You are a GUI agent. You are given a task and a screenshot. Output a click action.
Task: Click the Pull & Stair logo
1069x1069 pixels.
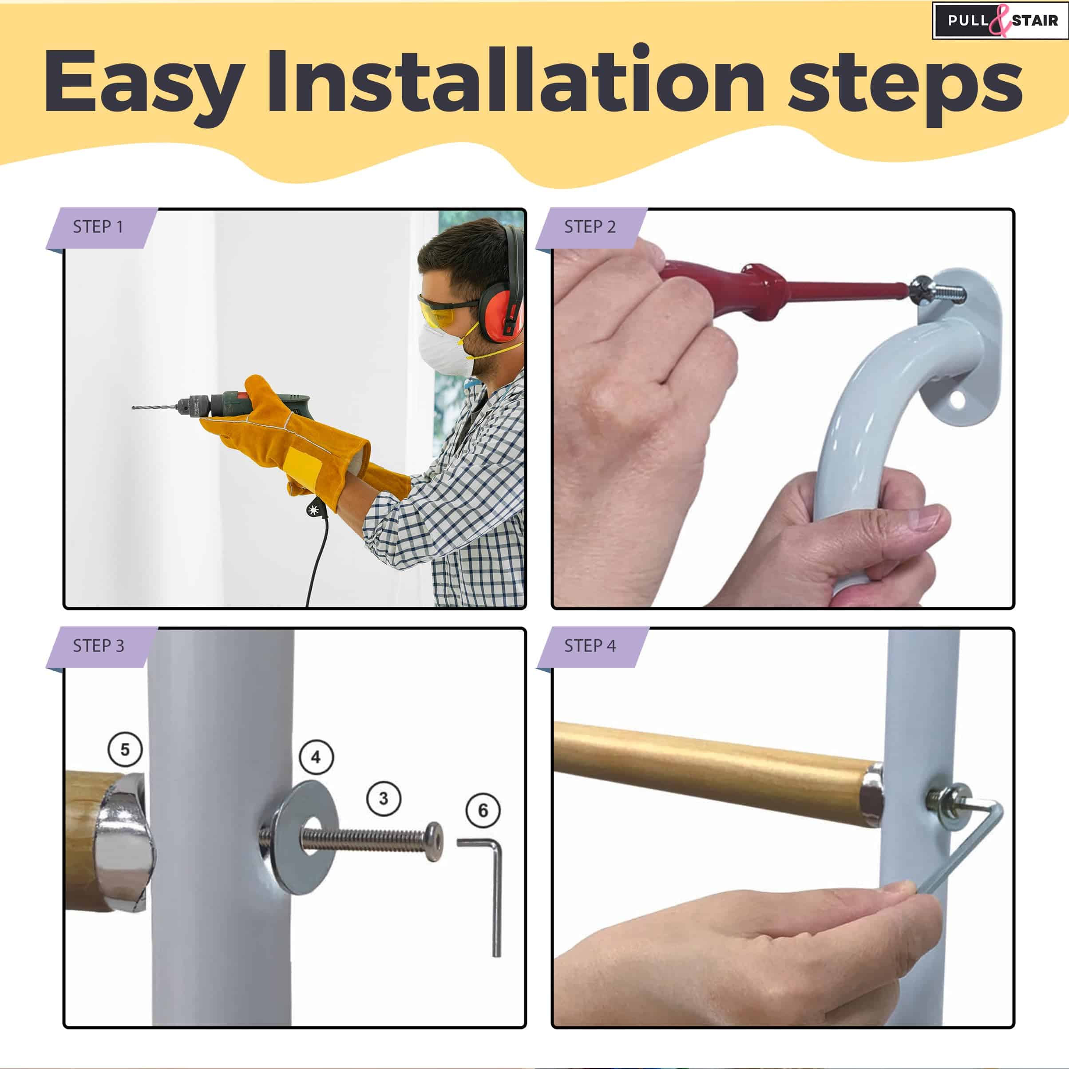tap(1000, 21)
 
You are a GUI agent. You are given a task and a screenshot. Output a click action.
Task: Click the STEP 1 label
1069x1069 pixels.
tap(98, 227)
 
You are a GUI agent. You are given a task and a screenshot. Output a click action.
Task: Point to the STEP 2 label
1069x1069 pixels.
tap(590, 227)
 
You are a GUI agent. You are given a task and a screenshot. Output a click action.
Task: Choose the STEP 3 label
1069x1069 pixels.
tap(99, 646)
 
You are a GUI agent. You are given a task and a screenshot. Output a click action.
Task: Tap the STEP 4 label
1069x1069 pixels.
tap(590, 646)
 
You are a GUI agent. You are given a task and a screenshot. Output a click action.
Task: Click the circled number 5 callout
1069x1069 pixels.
tap(125, 749)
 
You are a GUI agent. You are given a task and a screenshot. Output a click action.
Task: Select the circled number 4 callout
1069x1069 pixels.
tap(316, 756)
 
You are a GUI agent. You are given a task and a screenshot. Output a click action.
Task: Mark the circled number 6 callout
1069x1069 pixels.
tap(483, 810)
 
